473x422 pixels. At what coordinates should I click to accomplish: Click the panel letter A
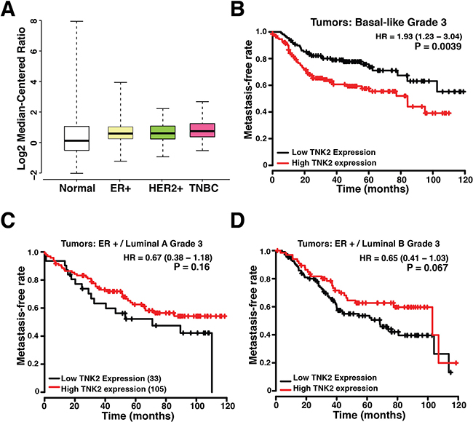[11, 10]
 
